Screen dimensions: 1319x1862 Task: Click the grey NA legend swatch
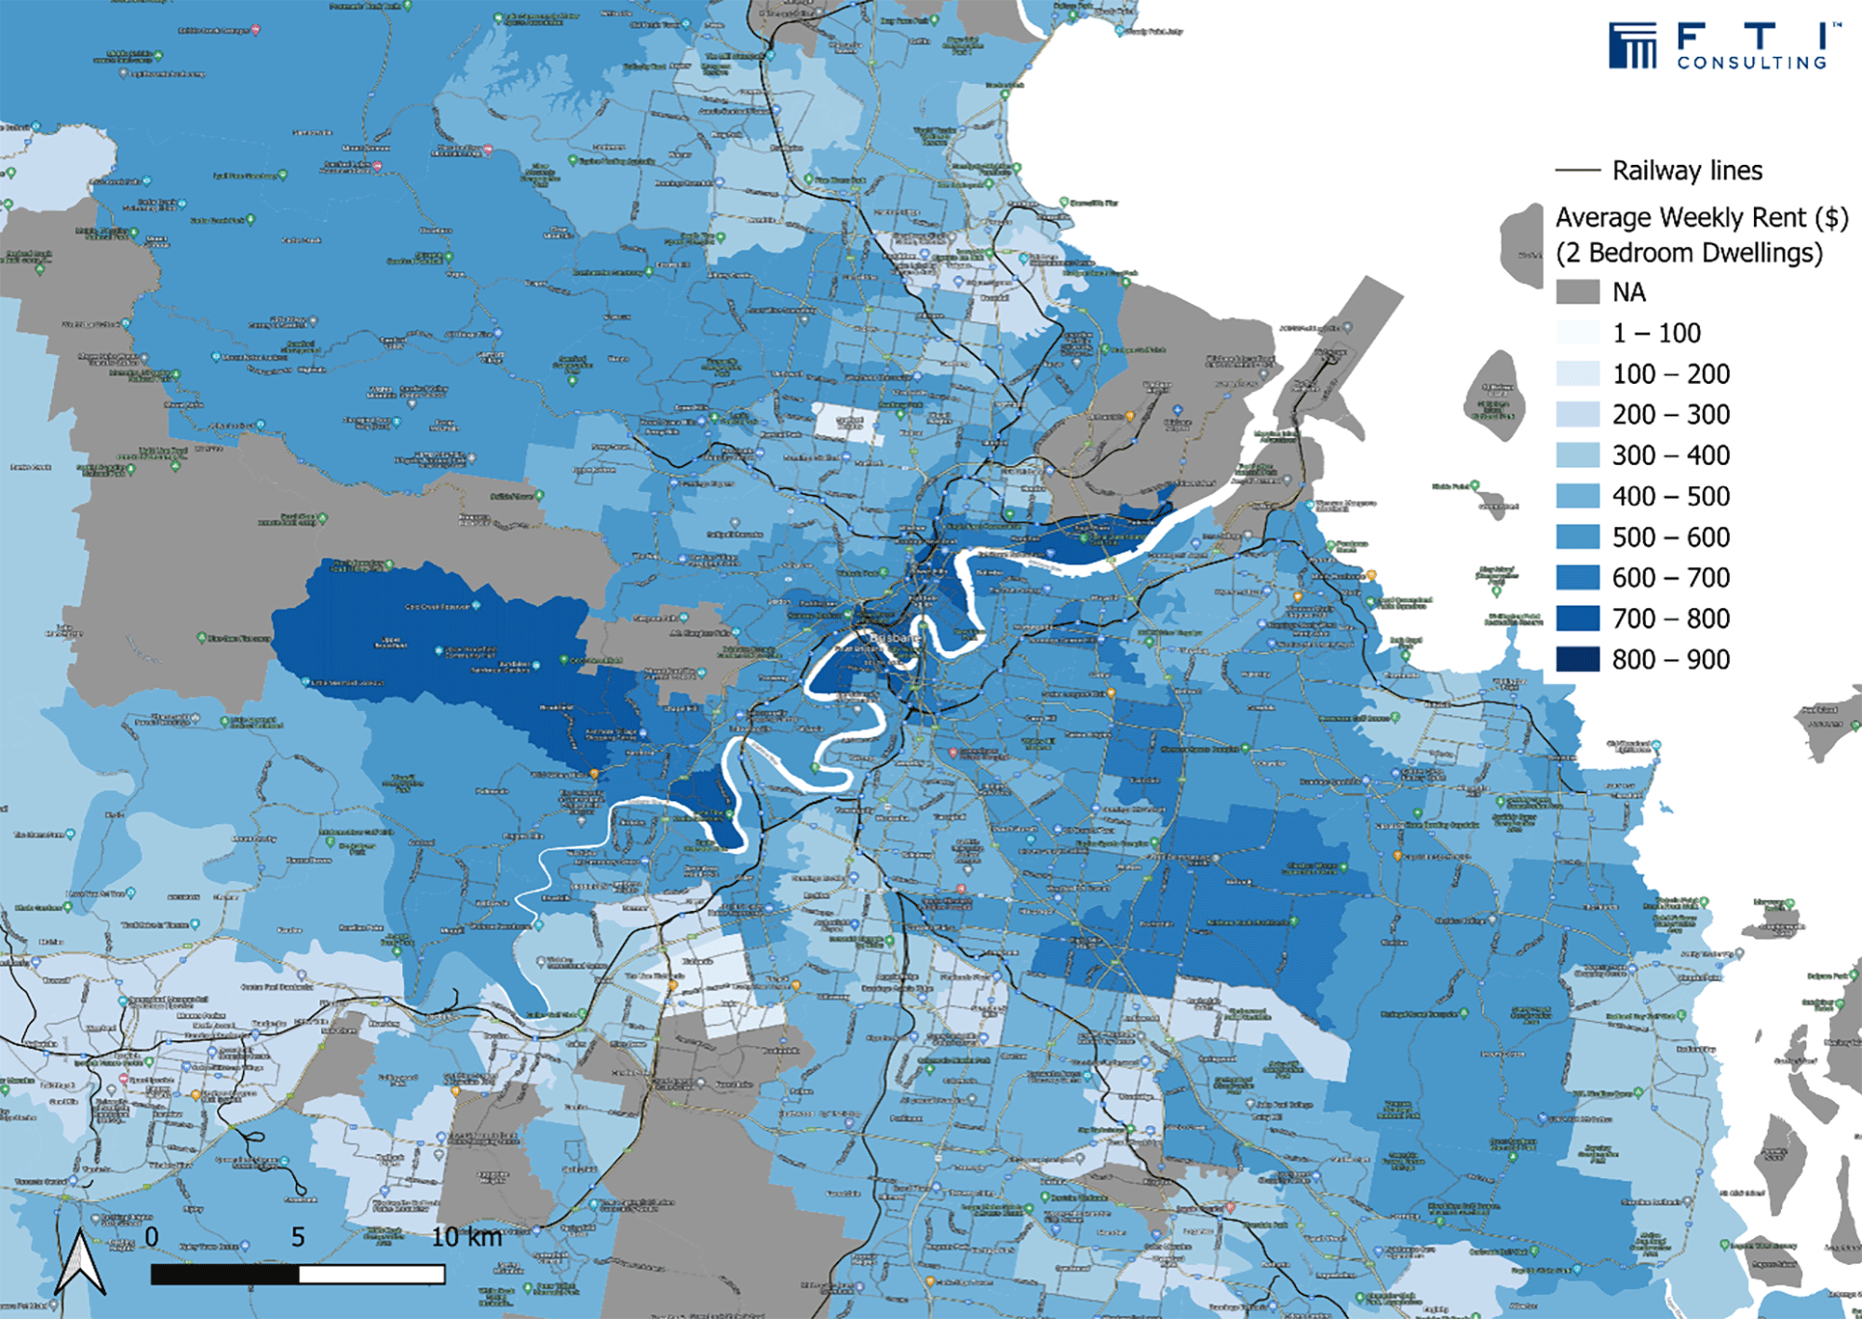(x=1577, y=292)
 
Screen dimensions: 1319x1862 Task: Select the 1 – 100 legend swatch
(x=1577, y=333)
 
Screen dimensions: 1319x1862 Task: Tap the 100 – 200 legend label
(x=1671, y=374)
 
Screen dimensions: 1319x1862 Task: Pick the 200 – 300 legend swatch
(x=1577, y=415)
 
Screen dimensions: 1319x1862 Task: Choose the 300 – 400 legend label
(x=1671, y=456)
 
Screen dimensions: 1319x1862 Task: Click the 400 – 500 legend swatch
(x=1577, y=496)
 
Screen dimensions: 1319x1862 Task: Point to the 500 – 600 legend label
(x=1671, y=537)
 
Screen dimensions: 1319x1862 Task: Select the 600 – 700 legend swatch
(x=1577, y=578)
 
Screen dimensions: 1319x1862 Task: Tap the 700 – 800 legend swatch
(x=1577, y=619)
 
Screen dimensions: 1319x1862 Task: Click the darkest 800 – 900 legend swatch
(x=1577, y=659)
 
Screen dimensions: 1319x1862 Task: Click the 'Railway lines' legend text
(x=1687, y=171)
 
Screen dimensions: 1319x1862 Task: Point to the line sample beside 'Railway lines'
(x=1577, y=171)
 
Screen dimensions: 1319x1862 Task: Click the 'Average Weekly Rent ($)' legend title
(x=1702, y=218)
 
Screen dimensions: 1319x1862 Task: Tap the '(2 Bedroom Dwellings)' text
(x=1689, y=253)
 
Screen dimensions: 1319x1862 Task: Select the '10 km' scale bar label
(x=466, y=1237)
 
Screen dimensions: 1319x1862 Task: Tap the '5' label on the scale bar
(x=298, y=1237)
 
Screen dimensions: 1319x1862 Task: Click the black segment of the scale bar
(x=224, y=1273)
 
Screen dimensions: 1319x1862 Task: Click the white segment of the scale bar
(x=371, y=1273)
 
